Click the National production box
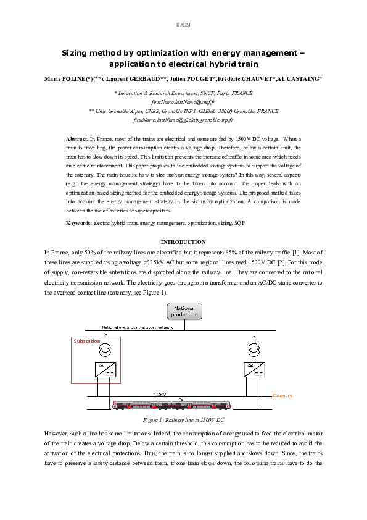[185, 311]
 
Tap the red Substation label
[86, 341]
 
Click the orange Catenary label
[282, 395]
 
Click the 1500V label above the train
[160, 393]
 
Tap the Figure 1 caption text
[183, 419]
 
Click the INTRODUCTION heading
[183, 242]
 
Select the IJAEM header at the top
[183, 24]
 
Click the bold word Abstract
[77, 141]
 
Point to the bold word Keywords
[79, 222]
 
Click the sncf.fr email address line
[183, 101]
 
